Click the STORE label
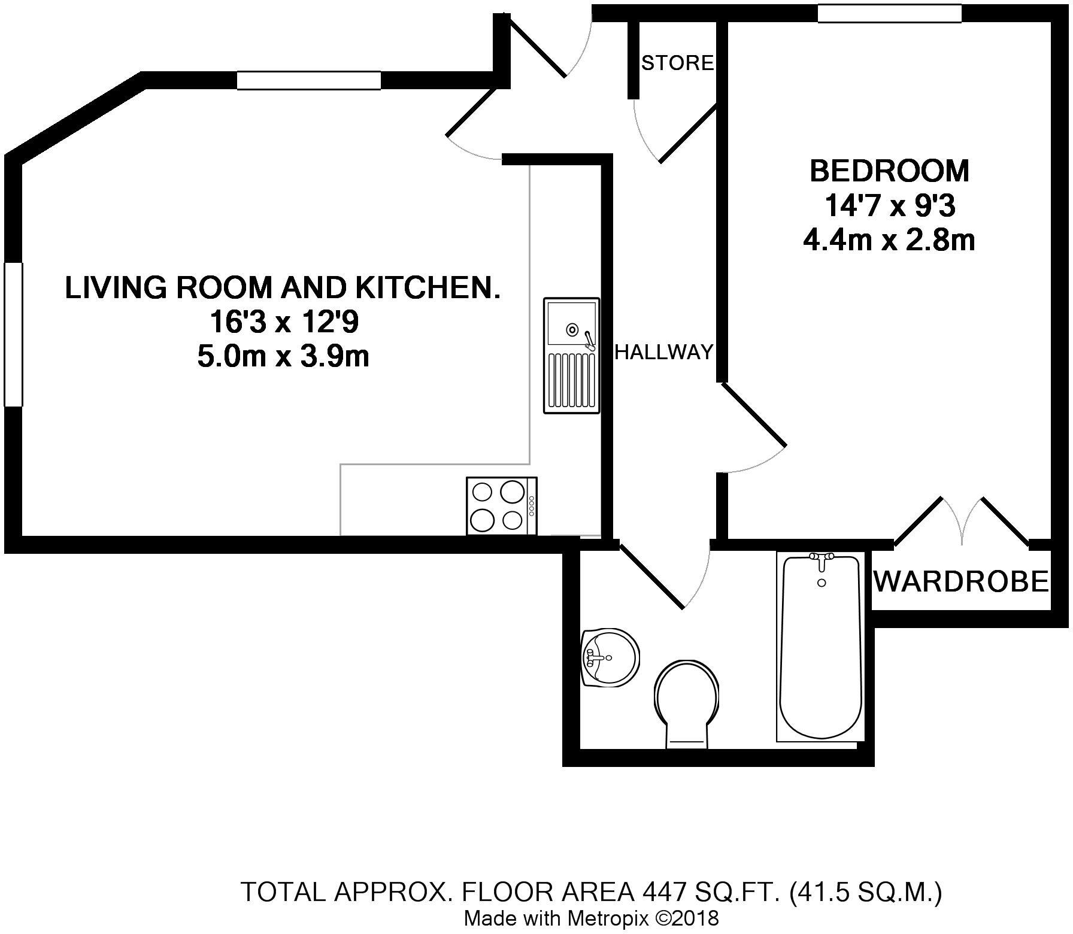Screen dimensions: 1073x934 coord(678,62)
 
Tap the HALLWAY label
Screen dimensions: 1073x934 coord(665,352)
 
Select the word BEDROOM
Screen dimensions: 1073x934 coord(889,171)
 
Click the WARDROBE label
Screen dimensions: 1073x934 coord(962,581)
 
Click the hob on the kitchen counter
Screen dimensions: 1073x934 coord(502,505)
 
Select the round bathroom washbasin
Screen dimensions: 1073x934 coord(610,657)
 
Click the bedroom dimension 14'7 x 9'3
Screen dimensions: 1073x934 coord(889,206)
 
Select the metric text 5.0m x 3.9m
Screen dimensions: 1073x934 coord(283,357)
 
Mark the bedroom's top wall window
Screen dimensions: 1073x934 coord(889,13)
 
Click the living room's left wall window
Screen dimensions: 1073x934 coord(13,335)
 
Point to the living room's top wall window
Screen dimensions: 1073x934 coord(309,80)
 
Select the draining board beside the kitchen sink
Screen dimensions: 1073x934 coord(571,380)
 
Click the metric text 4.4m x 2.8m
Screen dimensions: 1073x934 coord(889,241)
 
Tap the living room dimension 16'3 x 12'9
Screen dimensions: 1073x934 coord(283,323)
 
